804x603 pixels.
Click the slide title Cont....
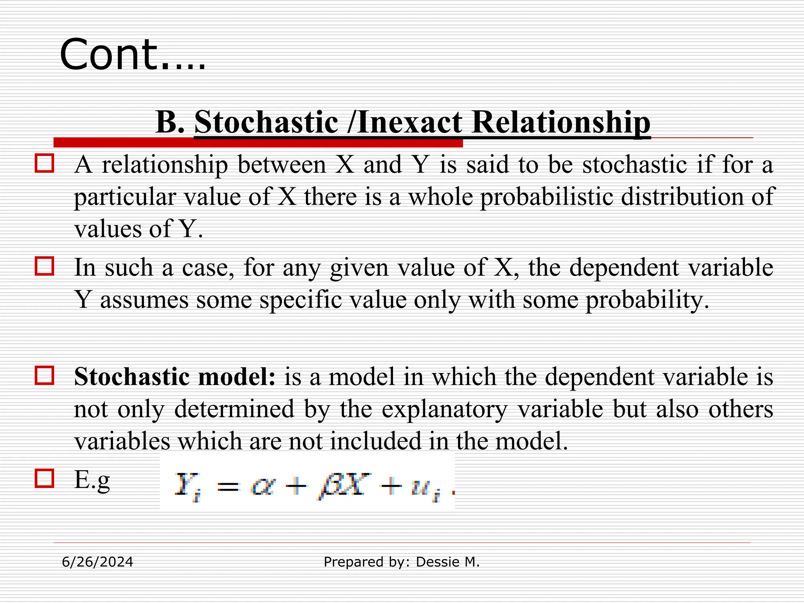132,55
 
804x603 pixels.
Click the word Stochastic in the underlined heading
266,122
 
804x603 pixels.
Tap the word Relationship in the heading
561,122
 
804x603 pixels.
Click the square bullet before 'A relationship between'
44,163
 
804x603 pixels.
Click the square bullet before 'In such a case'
44,266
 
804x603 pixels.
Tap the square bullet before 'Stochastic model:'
44,376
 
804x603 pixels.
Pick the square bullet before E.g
44,479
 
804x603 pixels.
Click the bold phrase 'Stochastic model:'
175,376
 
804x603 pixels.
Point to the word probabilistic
546,197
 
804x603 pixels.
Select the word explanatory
444,409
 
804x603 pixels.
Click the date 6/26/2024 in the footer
97,562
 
